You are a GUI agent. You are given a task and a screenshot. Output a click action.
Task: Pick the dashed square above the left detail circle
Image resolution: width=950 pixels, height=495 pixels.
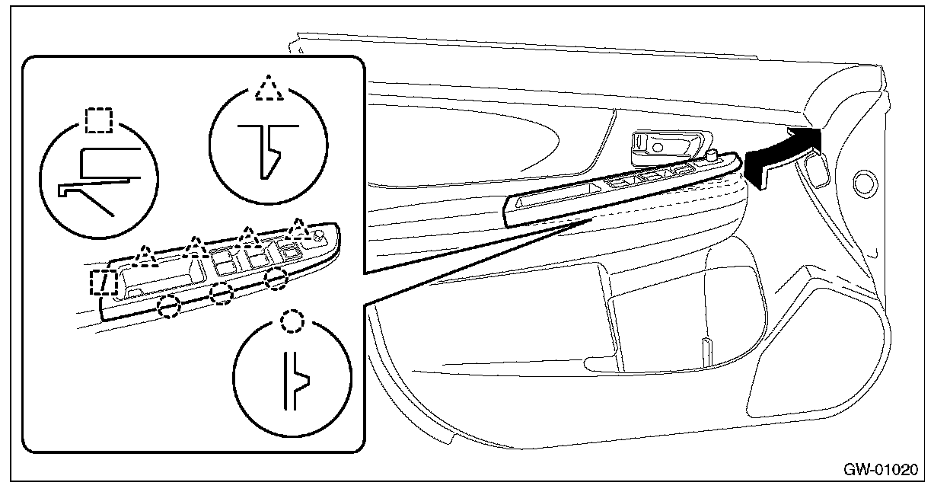[98, 120]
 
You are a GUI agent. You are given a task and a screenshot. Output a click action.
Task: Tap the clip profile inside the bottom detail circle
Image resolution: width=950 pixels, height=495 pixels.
[295, 376]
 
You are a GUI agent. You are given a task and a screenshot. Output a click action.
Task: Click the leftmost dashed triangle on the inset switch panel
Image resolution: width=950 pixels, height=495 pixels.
[145, 254]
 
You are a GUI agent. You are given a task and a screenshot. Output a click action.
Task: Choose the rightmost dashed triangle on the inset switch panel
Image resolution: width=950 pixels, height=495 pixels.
[298, 227]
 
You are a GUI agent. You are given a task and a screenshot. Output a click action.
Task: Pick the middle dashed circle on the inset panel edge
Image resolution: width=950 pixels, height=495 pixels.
[221, 293]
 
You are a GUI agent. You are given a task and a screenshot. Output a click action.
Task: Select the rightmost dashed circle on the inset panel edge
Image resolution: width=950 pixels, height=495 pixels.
[276, 279]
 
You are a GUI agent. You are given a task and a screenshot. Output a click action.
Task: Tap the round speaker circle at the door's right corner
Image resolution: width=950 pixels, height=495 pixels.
[864, 183]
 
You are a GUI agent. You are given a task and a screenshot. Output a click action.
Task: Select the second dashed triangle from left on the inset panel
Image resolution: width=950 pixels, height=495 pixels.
[196, 245]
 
